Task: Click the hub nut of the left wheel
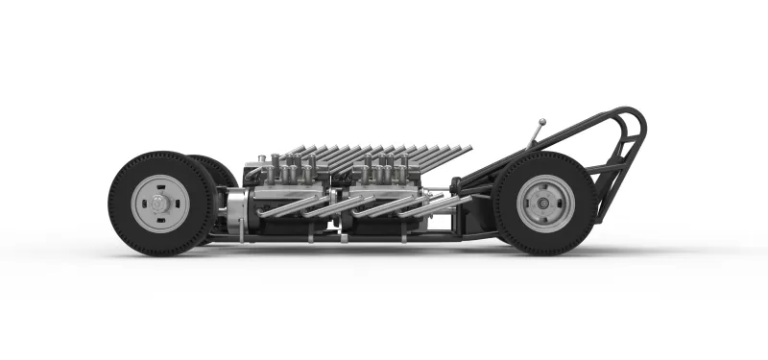pyautogui.click(x=158, y=203)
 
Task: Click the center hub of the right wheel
pyautogui.click(x=544, y=203)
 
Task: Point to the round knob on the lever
pyautogui.click(x=542, y=123)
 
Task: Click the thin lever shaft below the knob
pyautogui.click(x=536, y=135)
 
